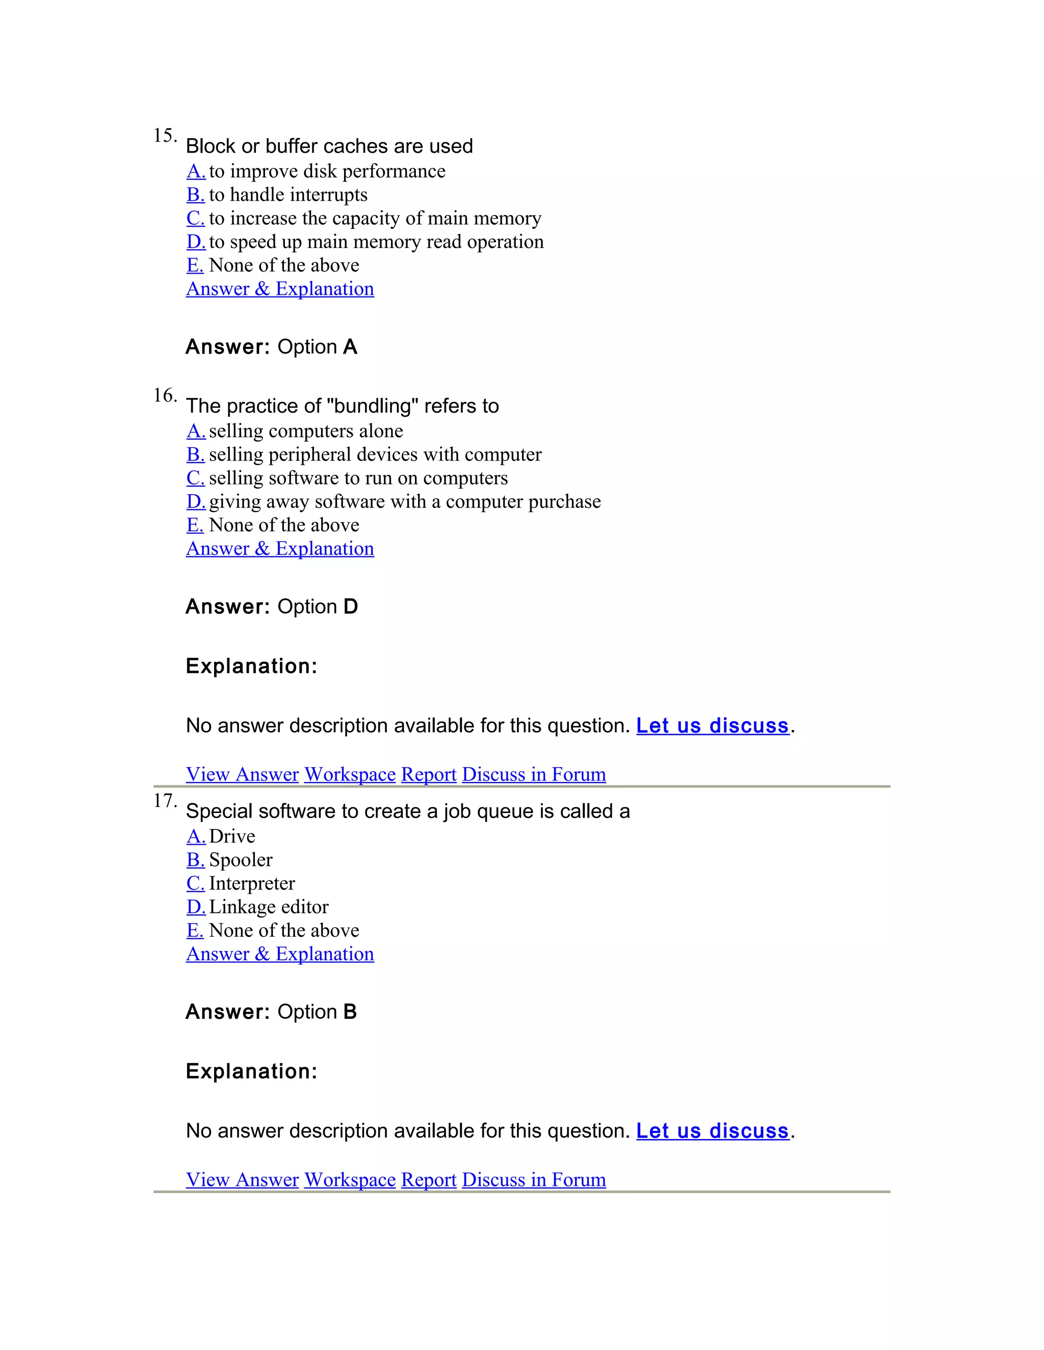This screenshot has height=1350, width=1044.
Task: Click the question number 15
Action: (165, 136)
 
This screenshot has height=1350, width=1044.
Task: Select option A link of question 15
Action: (195, 171)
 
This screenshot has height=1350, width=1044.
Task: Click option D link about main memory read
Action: (195, 241)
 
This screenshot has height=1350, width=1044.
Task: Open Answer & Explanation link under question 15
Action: (279, 289)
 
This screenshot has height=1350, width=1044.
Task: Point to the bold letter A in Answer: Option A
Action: (350, 347)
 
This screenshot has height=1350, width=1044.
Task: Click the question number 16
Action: (165, 396)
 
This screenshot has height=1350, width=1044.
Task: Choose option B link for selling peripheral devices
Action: (195, 454)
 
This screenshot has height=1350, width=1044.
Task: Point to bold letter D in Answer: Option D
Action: (350, 606)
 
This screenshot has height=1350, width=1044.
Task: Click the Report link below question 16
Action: (429, 774)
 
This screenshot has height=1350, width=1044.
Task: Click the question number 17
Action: (165, 801)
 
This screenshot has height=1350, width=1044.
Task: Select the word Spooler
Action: (241, 860)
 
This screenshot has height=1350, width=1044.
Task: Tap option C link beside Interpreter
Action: (195, 883)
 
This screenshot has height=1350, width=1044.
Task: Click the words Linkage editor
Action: (269, 907)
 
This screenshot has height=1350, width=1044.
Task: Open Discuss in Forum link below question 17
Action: (534, 1179)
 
